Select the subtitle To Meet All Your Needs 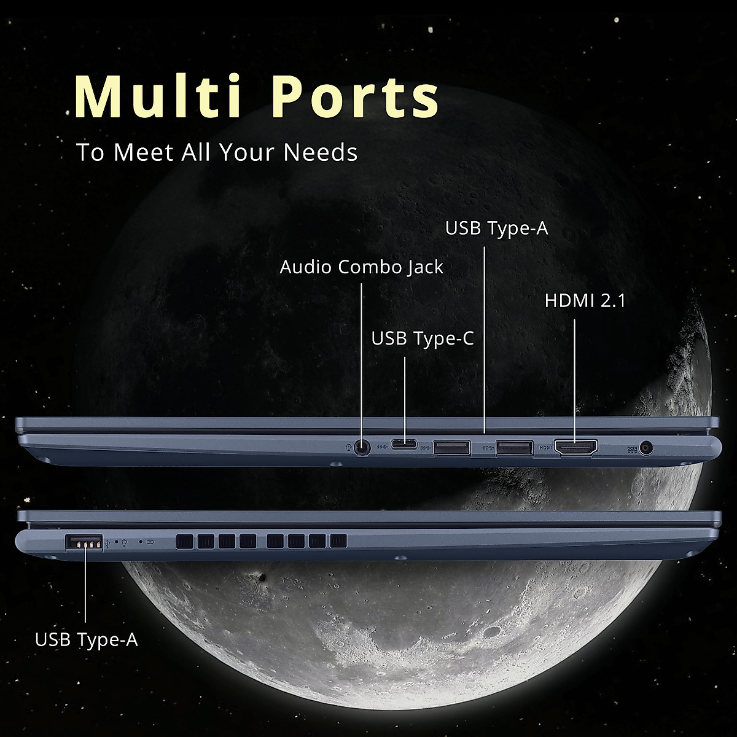216,152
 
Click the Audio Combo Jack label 361,267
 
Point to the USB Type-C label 423,338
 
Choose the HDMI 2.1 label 585,301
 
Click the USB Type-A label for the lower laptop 86,639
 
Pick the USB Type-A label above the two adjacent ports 496,228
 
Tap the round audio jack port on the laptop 363,447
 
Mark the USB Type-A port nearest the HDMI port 514,447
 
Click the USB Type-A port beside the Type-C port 452,447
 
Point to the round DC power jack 645,448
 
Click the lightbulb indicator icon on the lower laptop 124,543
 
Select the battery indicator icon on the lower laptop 151,542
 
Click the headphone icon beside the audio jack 349,447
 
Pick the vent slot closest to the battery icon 184,541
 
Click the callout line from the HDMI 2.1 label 574,375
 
